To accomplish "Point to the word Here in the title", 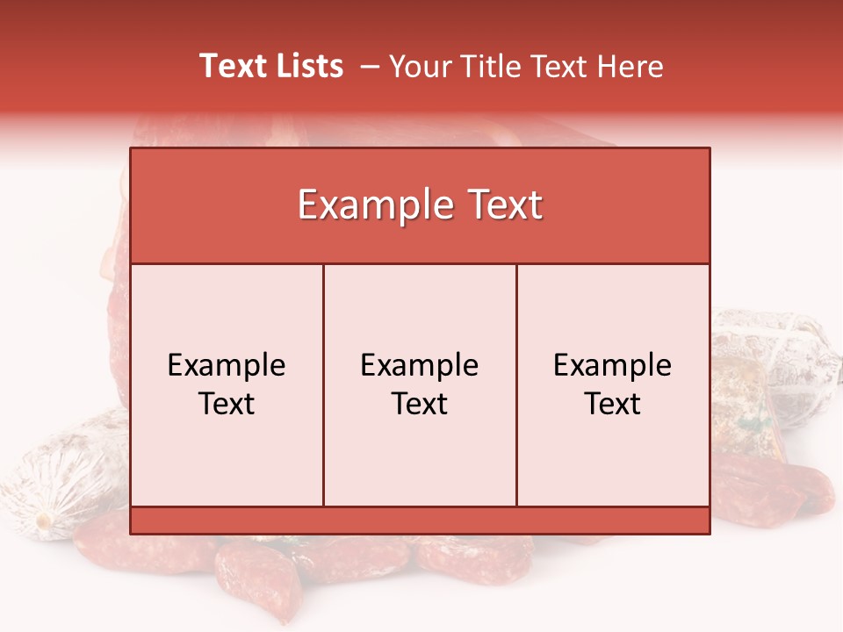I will point(630,66).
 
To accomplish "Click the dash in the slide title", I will point(370,67).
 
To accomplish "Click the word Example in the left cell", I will point(227,365).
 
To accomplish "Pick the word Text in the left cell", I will point(227,404).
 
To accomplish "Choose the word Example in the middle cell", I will point(420,365).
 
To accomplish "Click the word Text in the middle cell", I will point(420,404).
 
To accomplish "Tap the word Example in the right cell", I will point(613,365).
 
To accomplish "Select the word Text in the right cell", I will point(613,404).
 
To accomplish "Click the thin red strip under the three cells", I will point(420,520).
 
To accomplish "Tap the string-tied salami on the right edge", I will point(777,360).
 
